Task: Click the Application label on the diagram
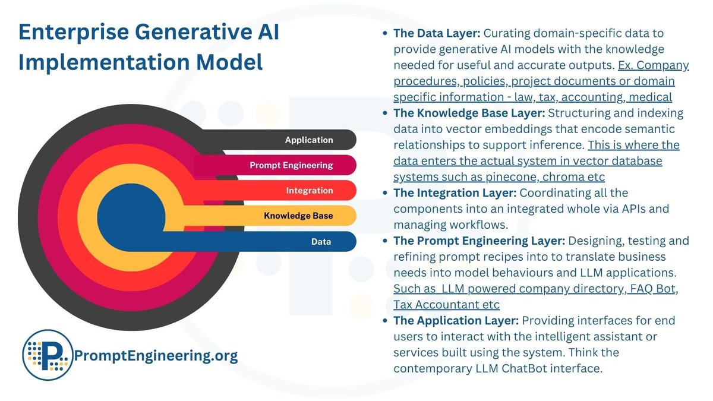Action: click(x=309, y=140)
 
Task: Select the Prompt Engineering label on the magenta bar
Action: click(x=291, y=165)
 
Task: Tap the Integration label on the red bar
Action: click(x=310, y=191)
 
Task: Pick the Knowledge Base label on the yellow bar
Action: click(x=298, y=216)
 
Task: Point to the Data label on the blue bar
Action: click(x=321, y=242)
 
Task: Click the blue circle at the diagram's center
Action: click(x=131, y=216)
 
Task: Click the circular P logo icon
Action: click(x=47, y=355)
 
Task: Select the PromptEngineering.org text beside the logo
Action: click(x=156, y=356)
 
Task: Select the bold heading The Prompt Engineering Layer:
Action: click(x=479, y=241)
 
